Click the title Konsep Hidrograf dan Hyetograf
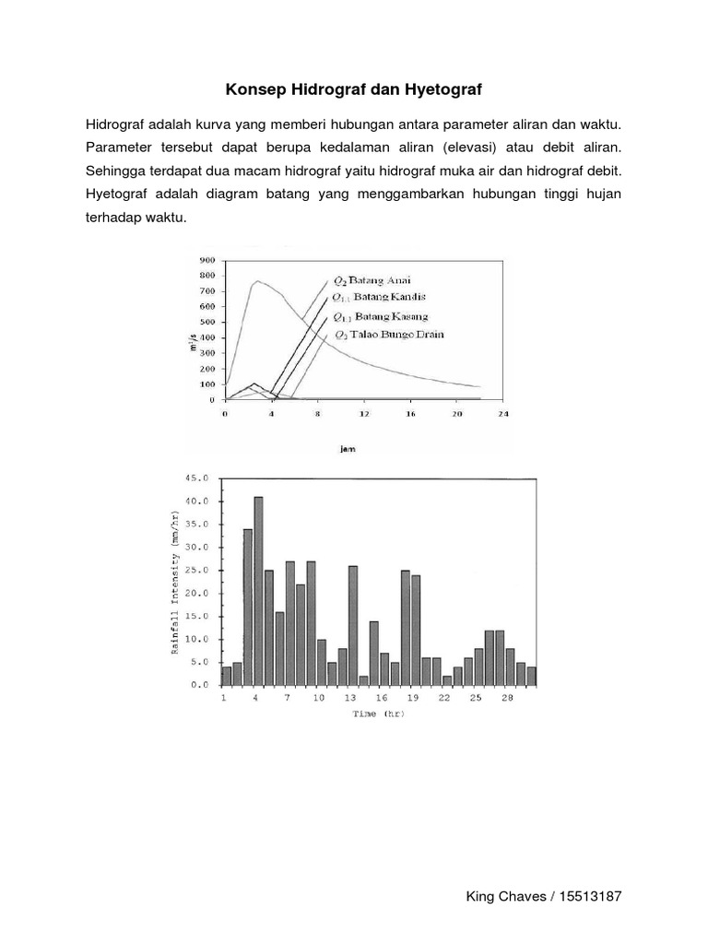click(x=354, y=90)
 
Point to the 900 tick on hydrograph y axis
click(x=207, y=260)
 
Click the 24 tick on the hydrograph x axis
click(x=503, y=414)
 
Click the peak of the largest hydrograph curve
click(x=257, y=281)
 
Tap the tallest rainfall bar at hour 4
click(x=258, y=590)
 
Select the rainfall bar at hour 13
click(x=353, y=625)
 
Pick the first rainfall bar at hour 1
click(x=227, y=676)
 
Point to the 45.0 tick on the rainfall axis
click(x=198, y=478)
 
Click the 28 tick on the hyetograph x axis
click(x=507, y=699)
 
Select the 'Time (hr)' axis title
click(x=378, y=714)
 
